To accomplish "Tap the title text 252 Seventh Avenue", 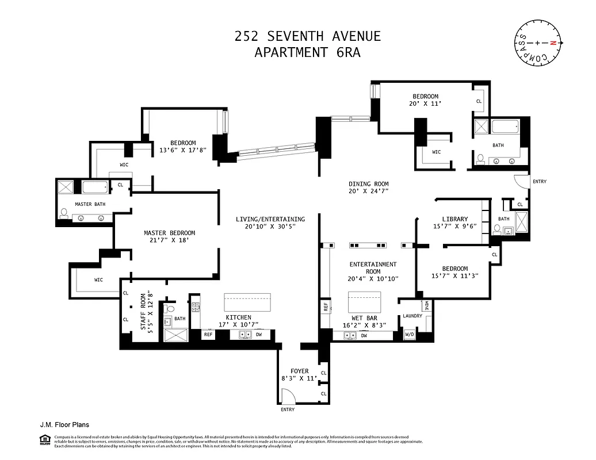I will tap(307, 36).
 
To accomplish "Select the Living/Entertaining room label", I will tap(270, 219).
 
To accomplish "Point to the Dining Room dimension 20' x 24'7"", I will tap(369, 191).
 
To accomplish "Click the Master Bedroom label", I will tap(169, 233).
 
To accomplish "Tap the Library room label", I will tap(455, 218).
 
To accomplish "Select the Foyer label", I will tap(299, 371).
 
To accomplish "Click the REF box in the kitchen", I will tap(208, 334).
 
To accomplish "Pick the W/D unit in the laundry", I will tap(410, 334).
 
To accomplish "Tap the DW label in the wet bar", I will tap(364, 335).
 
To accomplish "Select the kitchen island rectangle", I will tap(247, 302).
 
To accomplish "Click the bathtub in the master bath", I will tap(95, 187).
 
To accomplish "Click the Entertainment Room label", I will tap(373, 268).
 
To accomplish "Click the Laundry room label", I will tap(412, 316).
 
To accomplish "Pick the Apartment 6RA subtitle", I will tap(307, 52).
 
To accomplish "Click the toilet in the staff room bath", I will tap(168, 309).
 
